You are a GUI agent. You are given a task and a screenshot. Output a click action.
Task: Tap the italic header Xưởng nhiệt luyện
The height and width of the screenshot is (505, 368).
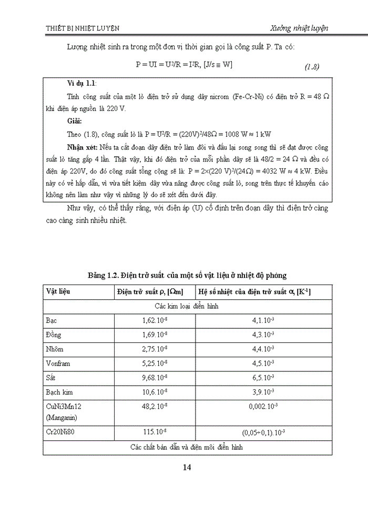(x=299, y=28)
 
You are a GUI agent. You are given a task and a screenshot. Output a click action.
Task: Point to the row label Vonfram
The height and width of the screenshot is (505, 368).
(x=59, y=363)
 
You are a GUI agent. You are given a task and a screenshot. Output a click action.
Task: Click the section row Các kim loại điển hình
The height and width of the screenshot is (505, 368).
(x=187, y=306)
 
